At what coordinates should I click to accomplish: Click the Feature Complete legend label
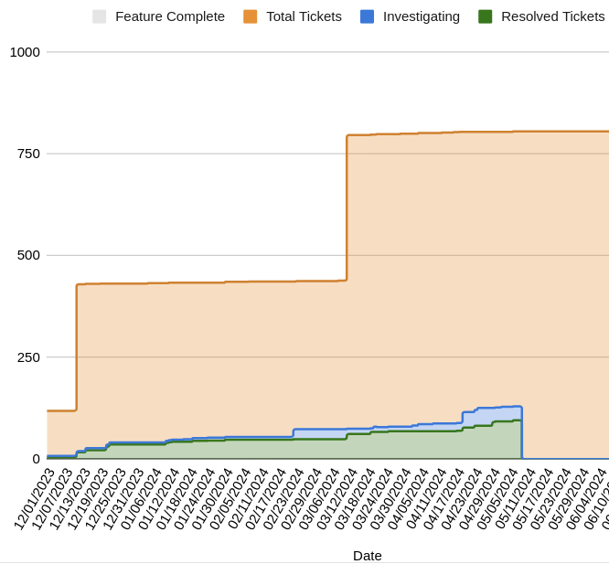coord(170,16)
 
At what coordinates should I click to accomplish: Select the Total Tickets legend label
coord(304,16)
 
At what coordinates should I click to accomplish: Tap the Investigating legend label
coord(421,16)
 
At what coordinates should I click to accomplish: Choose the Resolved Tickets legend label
coord(552,16)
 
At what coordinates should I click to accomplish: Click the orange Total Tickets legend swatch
coord(251,16)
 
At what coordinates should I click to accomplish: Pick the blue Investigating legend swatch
coord(368,16)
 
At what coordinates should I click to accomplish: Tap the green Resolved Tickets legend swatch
coord(486,16)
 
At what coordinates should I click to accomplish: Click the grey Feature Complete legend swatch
coord(100,16)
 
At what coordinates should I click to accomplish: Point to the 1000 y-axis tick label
coord(25,52)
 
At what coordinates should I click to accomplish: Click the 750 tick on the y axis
coord(28,154)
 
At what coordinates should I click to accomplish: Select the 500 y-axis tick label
coord(28,255)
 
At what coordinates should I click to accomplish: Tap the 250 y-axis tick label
coord(28,357)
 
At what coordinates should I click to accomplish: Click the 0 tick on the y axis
coord(37,459)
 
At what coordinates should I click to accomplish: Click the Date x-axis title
coord(368,555)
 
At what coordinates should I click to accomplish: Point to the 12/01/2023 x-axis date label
coord(36,498)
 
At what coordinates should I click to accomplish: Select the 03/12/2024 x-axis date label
coord(337,498)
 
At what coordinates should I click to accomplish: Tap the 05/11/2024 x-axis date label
coord(516,498)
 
